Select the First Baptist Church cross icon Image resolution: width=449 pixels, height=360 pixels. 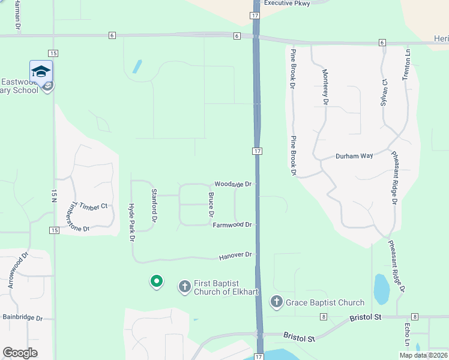click(185, 287)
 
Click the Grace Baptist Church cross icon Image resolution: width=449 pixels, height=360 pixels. click(277, 302)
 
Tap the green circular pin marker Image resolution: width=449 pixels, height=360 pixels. click(156, 280)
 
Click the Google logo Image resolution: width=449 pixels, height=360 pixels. click(20, 352)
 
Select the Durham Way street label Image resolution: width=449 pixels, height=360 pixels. click(354, 156)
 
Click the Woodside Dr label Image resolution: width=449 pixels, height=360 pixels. click(236, 184)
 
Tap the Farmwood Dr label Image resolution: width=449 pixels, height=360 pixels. click(235, 225)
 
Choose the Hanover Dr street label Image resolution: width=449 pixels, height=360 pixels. click(235, 256)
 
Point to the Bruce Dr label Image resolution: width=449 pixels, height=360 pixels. click(211, 205)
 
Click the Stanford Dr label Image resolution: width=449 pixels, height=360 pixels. click(154, 206)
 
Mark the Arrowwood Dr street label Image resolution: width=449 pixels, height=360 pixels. click(17, 270)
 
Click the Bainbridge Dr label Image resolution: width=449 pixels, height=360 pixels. click(23, 317)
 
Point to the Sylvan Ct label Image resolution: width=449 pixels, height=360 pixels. click(384, 92)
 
